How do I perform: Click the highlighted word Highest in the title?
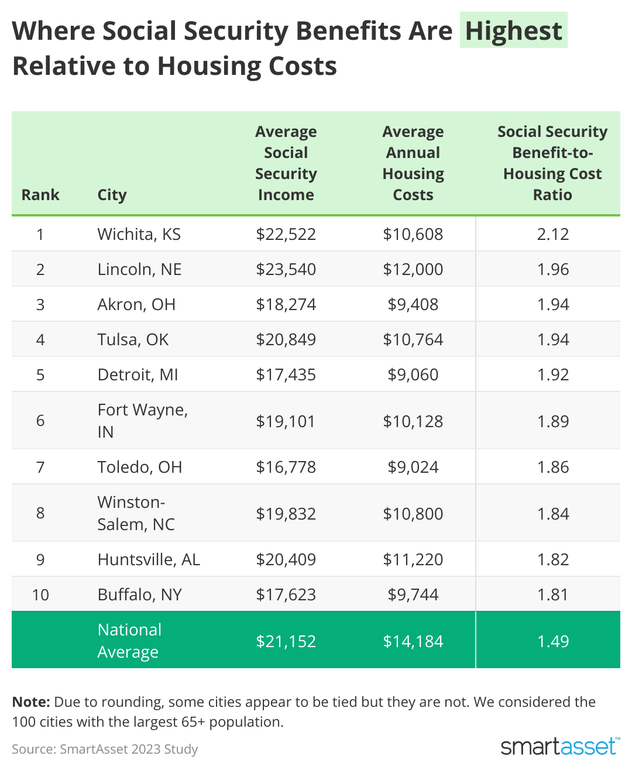click(x=513, y=30)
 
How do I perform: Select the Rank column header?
click(x=40, y=195)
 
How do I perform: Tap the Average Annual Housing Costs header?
click(x=413, y=163)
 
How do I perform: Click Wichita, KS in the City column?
click(x=139, y=234)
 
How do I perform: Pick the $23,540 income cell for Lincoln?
click(x=286, y=269)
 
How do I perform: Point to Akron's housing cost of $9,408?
click(x=413, y=304)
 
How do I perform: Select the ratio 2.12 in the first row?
click(x=552, y=234)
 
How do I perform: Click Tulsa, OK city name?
click(x=133, y=339)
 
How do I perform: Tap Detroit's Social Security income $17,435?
click(x=286, y=374)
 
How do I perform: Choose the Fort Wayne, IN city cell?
click(x=142, y=420)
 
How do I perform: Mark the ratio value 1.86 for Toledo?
click(x=552, y=467)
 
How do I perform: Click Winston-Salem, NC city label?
click(x=136, y=513)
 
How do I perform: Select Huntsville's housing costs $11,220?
click(x=413, y=559)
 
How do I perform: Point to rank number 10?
click(x=40, y=594)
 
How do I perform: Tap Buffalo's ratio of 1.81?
click(x=552, y=594)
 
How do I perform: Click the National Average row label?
click(x=129, y=641)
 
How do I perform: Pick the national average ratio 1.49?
click(x=552, y=641)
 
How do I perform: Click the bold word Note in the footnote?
click(x=31, y=702)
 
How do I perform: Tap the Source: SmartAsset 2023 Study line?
click(x=105, y=749)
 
